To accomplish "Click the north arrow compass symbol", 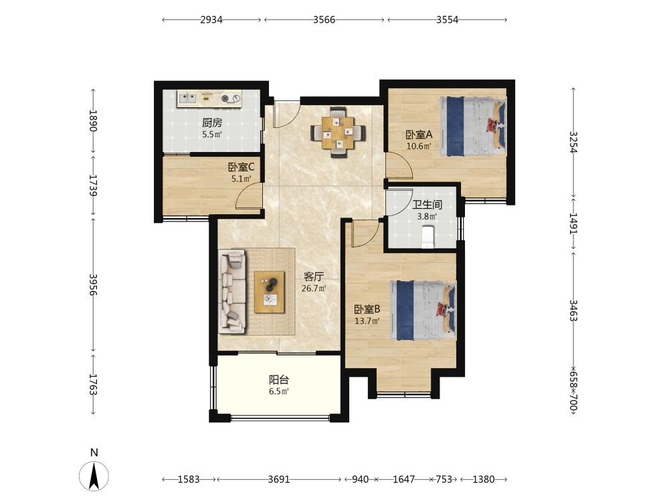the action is click(x=94, y=475).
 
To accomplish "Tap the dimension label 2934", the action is click(x=211, y=19).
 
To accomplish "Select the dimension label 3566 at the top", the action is click(x=324, y=19).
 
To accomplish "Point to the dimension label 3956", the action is click(x=94, y=284).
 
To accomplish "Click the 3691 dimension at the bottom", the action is click(x=278, y=479).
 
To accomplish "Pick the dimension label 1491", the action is click(x=573, y=224).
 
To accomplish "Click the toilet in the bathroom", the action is click(x=427, y=237).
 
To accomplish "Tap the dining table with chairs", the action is click(x=338, y=132).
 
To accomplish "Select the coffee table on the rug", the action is click(x=269, y=292).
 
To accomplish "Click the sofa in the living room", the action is click(x=232, y=291).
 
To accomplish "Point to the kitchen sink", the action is click(x=187, y=98).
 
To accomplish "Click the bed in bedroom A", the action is click(x=473, y=127).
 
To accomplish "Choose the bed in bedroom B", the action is click(x=425, y=311).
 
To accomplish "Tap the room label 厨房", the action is click(x=212, y=123).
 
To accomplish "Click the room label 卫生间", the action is click(x=427, y=205).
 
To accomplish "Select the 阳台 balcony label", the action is click(x=279, y=380).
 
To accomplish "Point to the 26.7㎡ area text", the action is click(x=314, y=288).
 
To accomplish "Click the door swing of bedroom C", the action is click(x=249, y=196).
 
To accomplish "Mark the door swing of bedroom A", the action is click(x=399, y=165).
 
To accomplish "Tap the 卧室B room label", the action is click(x=367, y=309).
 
